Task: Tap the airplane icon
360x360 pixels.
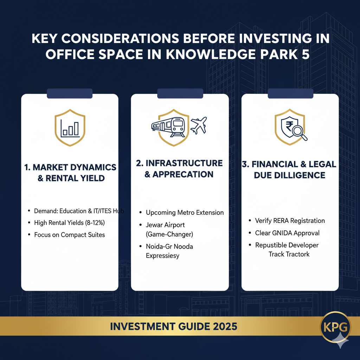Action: pyautogui.click(x=198, y=126)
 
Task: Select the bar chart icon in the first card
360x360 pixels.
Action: pyautogui.click(x=70, y=129)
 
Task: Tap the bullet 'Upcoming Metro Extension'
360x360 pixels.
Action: pyautogui.click(x=185, y=212)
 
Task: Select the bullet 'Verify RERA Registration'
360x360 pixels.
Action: pyautogui.click(x=290, y=221)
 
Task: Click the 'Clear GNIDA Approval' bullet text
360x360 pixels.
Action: pyautogui.click(x=287, y=233)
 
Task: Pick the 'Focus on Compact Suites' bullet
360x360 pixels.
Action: pyautogui.click(x=69, y=234)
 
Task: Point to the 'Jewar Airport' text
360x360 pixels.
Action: pyautogui.click(x=165, y=225)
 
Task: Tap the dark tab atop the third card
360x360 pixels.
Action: pyautogui.click(x=290, y=94)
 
